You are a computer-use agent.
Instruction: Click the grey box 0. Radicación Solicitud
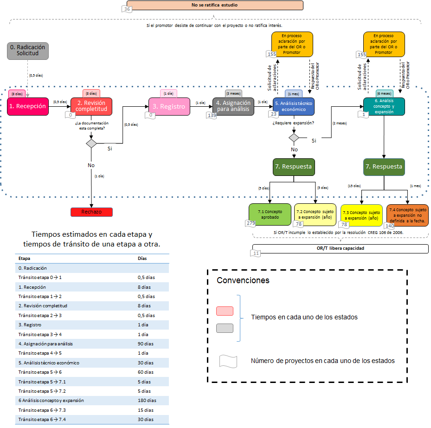[28, 51]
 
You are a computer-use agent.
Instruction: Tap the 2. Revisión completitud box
[91, 106]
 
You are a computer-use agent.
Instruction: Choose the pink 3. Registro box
[169, 106]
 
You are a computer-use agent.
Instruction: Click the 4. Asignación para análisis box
[233, 106]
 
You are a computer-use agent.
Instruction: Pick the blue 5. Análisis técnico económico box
[294, 106]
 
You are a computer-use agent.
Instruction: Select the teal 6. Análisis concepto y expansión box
[384, 106]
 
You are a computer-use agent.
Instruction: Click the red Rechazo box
[91, 212]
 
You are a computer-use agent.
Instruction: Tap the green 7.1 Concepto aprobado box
[270, 214]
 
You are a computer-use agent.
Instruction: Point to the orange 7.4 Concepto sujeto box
[407, 214]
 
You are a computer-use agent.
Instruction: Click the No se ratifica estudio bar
[214, 6]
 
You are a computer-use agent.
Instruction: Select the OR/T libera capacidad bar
[340, 248]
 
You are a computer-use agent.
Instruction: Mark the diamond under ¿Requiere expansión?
[294, 137]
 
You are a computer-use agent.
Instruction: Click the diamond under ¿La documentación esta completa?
[91, 143]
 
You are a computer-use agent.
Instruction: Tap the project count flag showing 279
[251, 224]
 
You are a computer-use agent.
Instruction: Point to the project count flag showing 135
[212, 115]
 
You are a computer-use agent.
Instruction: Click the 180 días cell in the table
[147, 400]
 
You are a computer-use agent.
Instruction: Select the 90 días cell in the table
[146, 344]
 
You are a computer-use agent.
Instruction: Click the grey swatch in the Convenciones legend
[225, 328]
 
